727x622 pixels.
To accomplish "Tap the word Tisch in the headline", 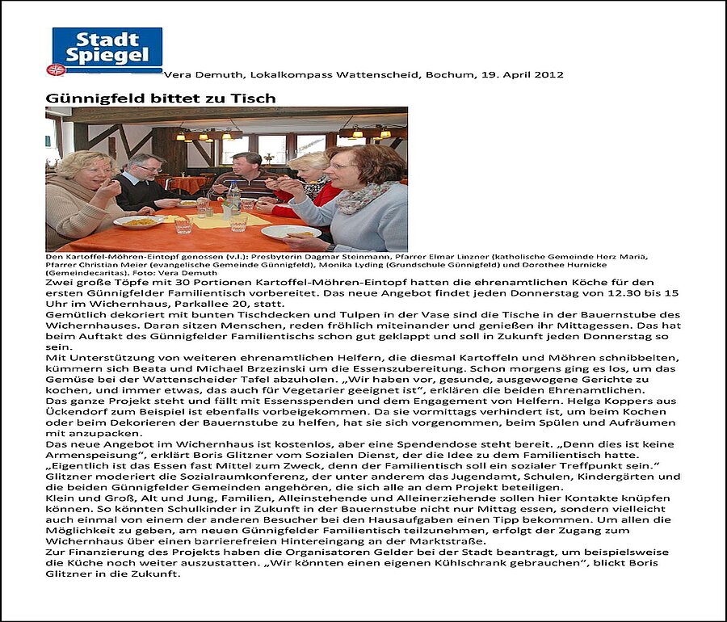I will (x=257, y=99).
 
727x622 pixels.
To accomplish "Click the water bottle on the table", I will (x=234, y=196).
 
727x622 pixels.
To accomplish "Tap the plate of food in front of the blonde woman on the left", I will (x=138, y=221).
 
